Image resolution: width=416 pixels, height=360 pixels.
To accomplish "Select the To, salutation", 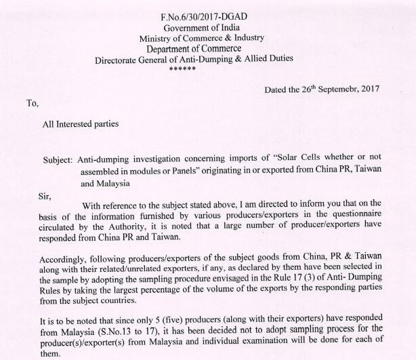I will tap(33, 103).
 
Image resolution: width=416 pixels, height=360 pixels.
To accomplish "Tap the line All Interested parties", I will tap(81, 124).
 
